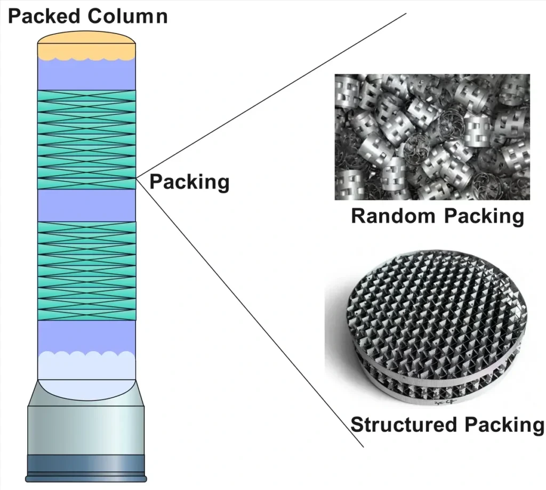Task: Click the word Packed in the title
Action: tap(45, 16)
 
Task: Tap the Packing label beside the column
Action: tap(189, 182)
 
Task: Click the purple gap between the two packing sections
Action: tap(86, 205)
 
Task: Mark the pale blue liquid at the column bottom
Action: tap(86, 367)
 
